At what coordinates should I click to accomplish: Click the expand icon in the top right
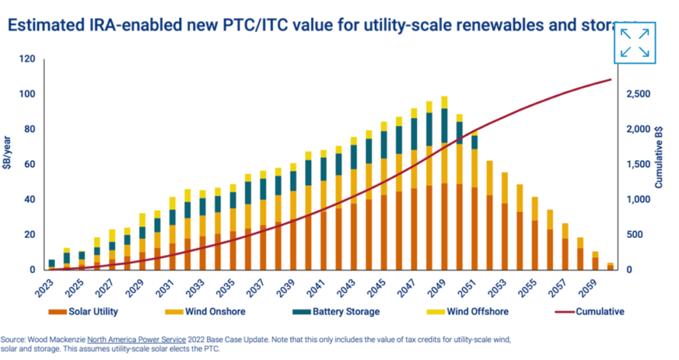[635, 43]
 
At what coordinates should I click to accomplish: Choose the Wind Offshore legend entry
[470, 311]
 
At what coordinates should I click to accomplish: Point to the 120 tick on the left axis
[27, 59]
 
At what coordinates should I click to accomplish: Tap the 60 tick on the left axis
[30, 164]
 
